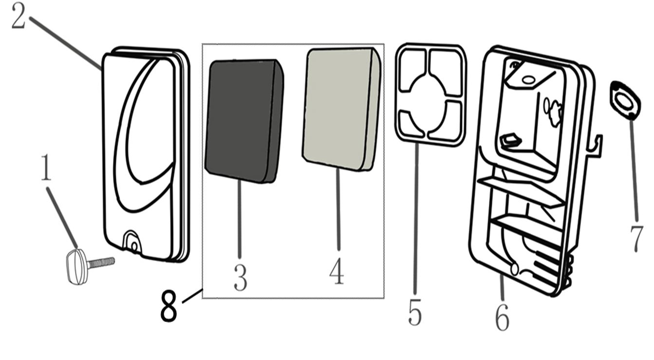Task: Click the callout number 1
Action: (46, 168)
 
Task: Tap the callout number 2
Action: (19, 16)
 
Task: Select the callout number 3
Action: (240, 278)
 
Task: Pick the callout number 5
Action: (415, 312)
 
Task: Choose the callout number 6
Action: (502, 317)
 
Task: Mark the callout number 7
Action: (636, 239)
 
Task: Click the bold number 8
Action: (169, 305)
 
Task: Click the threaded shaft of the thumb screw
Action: (101, 263)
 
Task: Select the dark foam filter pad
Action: (244, 121)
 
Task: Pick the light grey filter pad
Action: (342, 109)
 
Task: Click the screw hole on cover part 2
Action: (134, 247)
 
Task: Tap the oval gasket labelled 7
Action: (624, 100)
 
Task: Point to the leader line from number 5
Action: (416, 218)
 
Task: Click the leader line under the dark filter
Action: (240, 219)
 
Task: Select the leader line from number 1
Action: (62, 218)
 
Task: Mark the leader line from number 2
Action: (65, 43)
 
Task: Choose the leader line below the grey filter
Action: (338, 209)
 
